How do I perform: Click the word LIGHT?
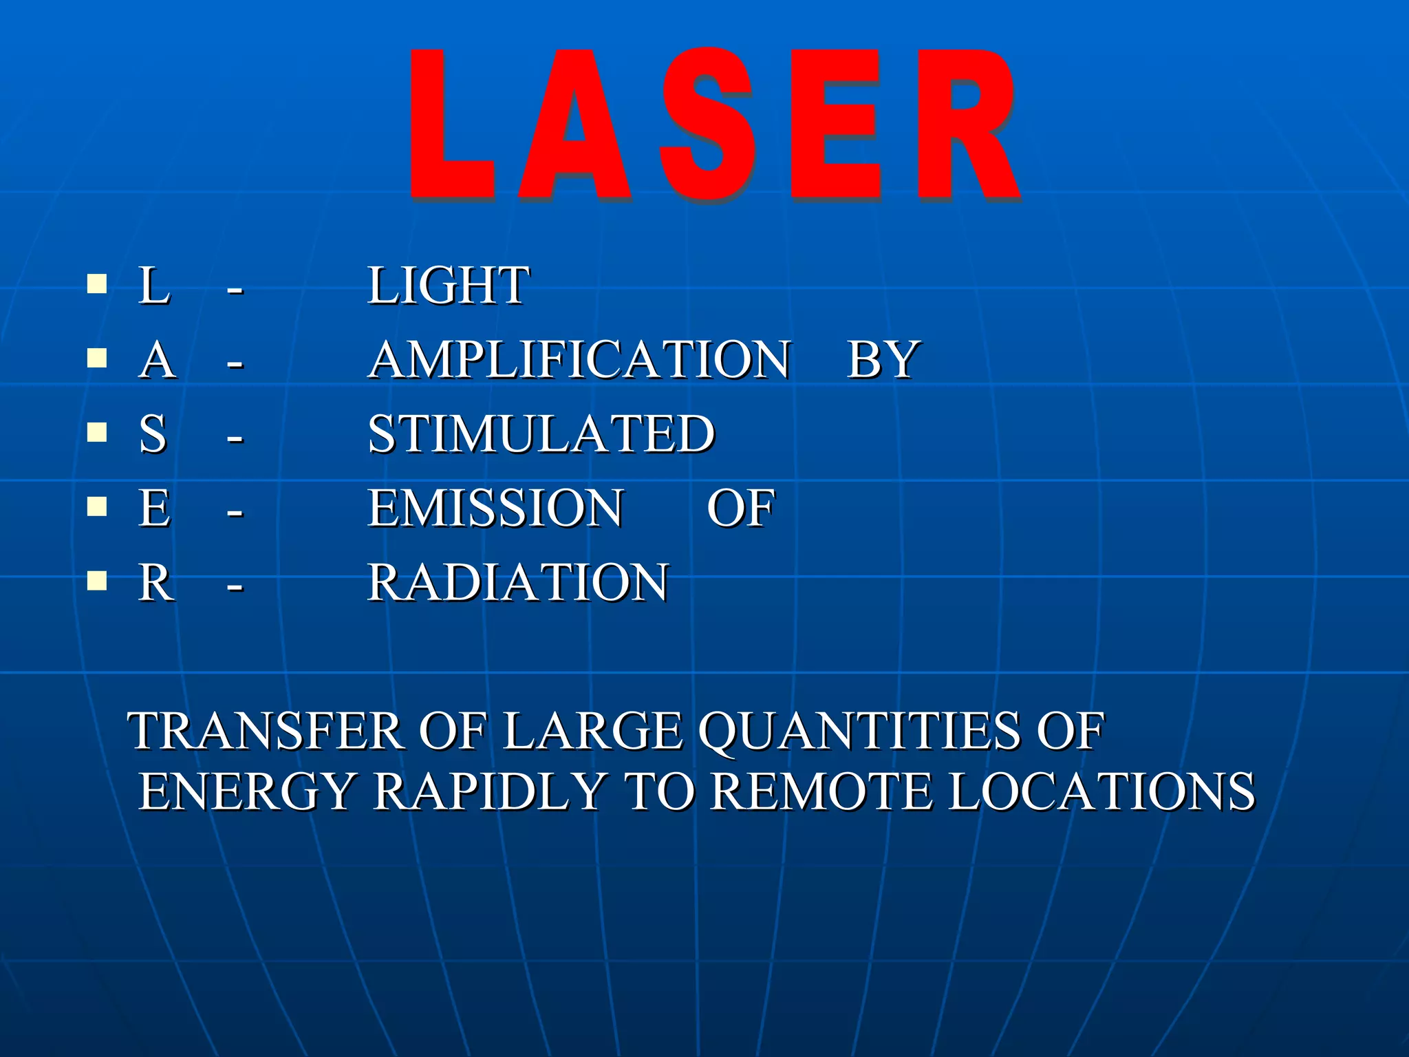tap(449, 286)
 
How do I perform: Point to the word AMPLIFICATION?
tap(579, 359)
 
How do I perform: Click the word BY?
tap(883, 359)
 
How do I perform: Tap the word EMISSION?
tap(496, 508)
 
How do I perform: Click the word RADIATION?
tap(518, 582)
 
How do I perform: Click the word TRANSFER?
tap(268, 731)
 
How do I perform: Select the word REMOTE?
tap(821, 791)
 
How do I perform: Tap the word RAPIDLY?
tap(490, 791)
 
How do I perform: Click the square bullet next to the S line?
tap(97, 432)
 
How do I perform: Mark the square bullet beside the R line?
tap(97, 581)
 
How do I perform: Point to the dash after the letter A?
tap(235, 363)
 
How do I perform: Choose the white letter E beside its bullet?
tap(155, 508)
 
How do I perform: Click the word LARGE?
tap(593, 731)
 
